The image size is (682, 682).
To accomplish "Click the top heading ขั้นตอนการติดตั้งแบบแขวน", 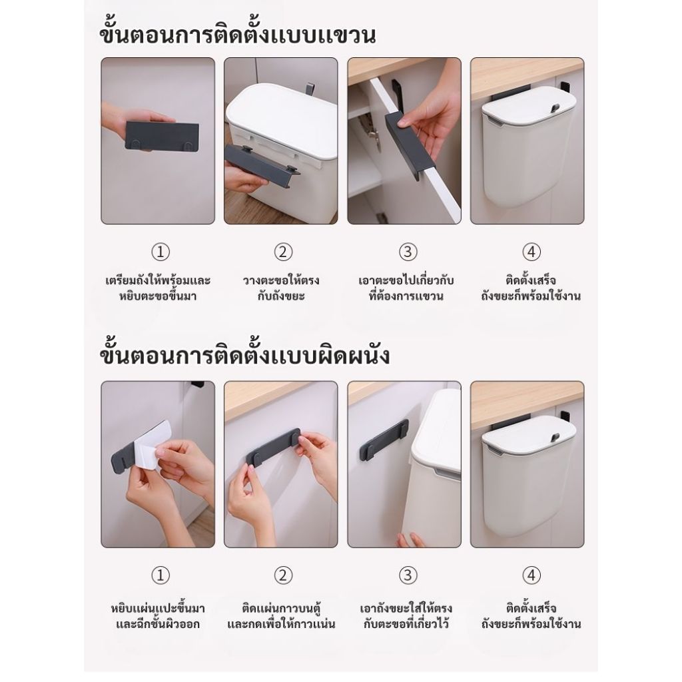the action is click(238, 34).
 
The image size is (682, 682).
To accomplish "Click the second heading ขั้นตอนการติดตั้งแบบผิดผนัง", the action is click(245, 356).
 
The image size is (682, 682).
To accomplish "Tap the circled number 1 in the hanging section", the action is click(160, 252).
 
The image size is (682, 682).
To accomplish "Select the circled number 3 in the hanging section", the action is click(408, 252).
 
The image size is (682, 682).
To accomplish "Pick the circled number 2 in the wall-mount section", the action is click(283, 575).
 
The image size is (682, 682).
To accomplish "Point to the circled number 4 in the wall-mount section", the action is click(531, 575).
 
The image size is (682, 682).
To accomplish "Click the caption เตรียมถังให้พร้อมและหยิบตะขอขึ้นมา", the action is click(158, 288).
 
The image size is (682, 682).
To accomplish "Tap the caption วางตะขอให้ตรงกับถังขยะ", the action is click(281, 288).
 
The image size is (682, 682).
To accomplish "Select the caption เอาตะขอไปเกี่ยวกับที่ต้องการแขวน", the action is click(406, 288).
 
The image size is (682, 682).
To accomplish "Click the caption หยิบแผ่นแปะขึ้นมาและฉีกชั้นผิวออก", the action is click(158, 615).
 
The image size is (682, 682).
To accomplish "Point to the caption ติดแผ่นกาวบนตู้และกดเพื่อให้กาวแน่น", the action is click(281, 615).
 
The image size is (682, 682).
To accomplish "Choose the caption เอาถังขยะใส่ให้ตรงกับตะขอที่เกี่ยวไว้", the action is click(406, 615).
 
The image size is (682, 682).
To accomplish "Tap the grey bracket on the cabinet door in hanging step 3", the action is click(402, 145).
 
